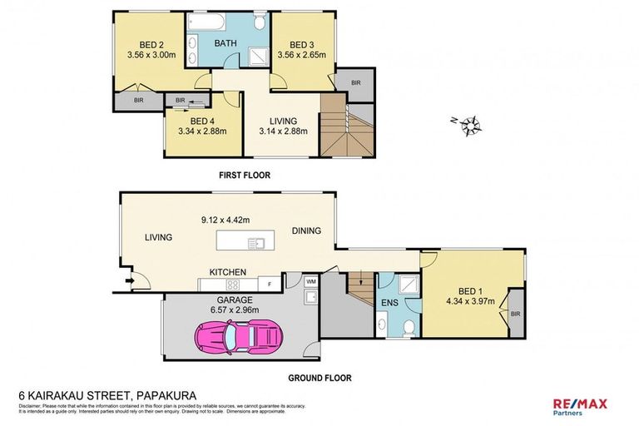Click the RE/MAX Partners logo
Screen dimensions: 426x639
click(x=579, y=405)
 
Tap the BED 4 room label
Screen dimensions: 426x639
click(x=196, y=121)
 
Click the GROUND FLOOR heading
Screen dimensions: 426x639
click(x=319, y=378)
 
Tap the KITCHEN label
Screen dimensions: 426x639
click(x=226, y=271)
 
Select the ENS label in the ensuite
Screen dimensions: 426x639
click(x=389, y=304)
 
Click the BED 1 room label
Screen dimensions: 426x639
click(x=471, y=290)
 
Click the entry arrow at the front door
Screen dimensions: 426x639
click(x=129, y=281)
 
